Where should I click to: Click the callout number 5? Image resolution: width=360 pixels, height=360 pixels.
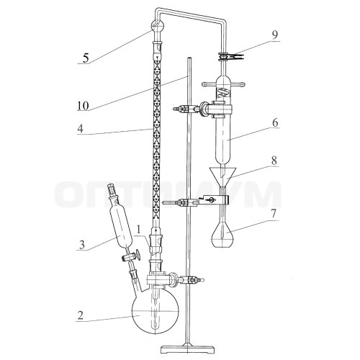86,58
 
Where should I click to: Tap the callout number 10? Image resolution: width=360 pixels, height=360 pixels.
83,106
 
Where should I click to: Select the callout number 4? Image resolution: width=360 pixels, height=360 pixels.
80,129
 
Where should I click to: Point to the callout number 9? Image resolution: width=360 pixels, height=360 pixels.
274,35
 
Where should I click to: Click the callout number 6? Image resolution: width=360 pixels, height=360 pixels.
275,122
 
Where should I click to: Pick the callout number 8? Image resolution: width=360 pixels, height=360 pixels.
274,161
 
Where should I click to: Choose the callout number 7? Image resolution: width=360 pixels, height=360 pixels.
274,214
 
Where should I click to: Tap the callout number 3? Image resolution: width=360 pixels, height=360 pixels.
82,245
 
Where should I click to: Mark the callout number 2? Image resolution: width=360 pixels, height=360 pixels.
80,315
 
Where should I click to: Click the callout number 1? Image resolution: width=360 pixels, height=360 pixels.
138,230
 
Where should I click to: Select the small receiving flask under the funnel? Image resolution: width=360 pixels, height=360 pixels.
223,234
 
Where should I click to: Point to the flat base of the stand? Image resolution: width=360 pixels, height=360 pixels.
187,349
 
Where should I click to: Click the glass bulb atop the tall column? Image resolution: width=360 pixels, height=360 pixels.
158,27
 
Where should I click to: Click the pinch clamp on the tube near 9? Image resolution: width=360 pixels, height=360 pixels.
230,56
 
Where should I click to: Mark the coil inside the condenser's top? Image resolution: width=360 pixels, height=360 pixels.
223,92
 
